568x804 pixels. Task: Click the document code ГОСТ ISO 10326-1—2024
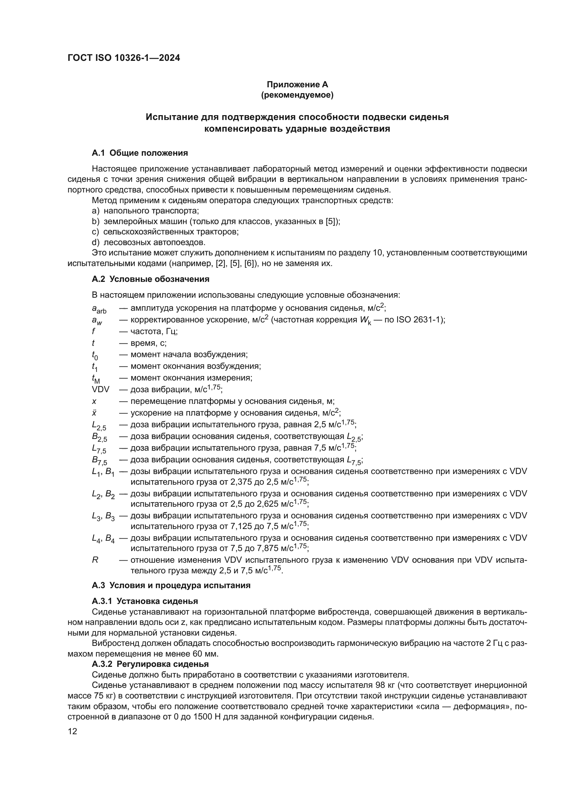coord(124,58)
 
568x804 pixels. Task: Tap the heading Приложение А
coord(297,85)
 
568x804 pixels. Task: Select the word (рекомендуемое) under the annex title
coord(297,95)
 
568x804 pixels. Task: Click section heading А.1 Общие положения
coord(139,153)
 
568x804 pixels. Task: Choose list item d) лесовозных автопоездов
coord(149,242)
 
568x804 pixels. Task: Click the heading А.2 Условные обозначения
coord(150,279)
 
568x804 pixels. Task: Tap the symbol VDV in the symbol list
coord(100,389)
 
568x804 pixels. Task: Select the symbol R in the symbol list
coord(95,560)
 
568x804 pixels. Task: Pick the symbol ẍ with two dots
coord(94,413)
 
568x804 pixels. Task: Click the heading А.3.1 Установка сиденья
coord(145,601)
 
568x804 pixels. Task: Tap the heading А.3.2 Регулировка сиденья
coord(150,664)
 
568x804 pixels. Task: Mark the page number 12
coord(72,731)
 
